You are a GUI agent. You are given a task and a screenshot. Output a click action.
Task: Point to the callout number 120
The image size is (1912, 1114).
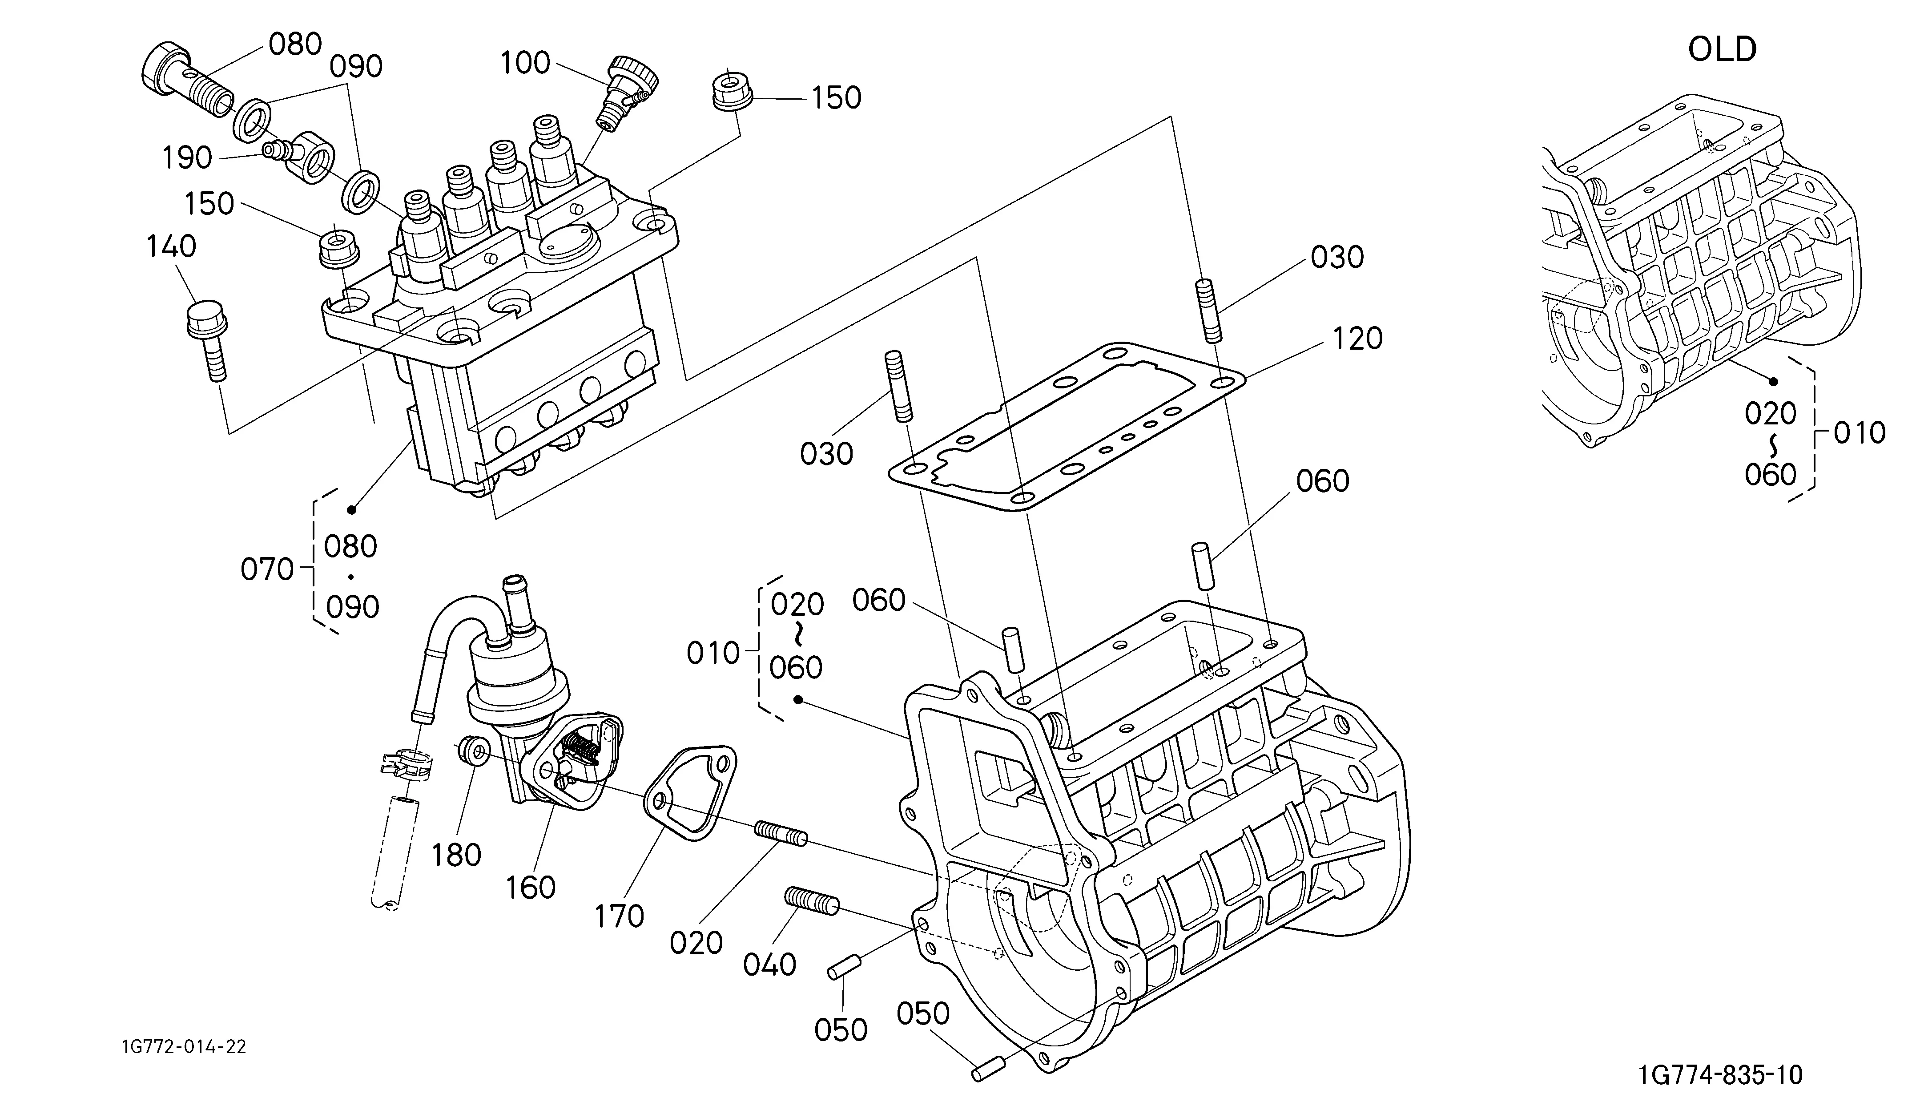[1358, 339]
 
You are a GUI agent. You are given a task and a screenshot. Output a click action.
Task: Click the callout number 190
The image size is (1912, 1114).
[187, 158]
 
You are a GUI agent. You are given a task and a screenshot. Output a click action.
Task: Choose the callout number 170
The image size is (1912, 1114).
[619, 917]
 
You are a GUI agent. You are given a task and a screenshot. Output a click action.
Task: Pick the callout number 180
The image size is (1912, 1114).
[457, 855]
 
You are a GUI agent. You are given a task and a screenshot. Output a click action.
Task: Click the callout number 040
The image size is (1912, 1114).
[769, 965]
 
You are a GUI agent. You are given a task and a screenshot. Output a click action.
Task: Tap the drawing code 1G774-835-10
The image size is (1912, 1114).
[1719, 1075]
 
